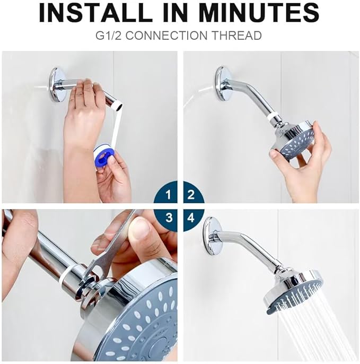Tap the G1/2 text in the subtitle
tap(111, 36)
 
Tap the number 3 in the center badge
tap(169, 218)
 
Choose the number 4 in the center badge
tap(191, 218)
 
